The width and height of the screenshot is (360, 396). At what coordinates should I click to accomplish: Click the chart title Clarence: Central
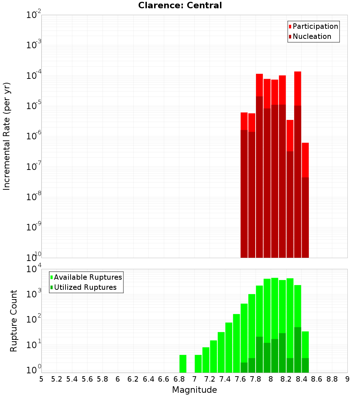click(180, 5)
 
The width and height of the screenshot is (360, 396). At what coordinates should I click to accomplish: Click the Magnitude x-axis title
click(194, 390)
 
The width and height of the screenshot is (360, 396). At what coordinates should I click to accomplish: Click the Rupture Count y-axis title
click(14, 321)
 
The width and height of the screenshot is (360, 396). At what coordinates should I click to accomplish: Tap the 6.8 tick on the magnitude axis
click(179, 379)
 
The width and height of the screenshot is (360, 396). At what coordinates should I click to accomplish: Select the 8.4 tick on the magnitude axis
click(302, 379)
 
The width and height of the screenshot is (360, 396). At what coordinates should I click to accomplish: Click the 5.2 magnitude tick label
click(57, 379)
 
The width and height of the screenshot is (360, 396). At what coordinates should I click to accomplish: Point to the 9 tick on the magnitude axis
click(347, 379)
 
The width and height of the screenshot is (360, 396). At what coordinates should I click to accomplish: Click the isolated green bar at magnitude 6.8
click(183, 364)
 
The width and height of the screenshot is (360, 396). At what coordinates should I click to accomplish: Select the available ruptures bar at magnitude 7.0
click(198, 364)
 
